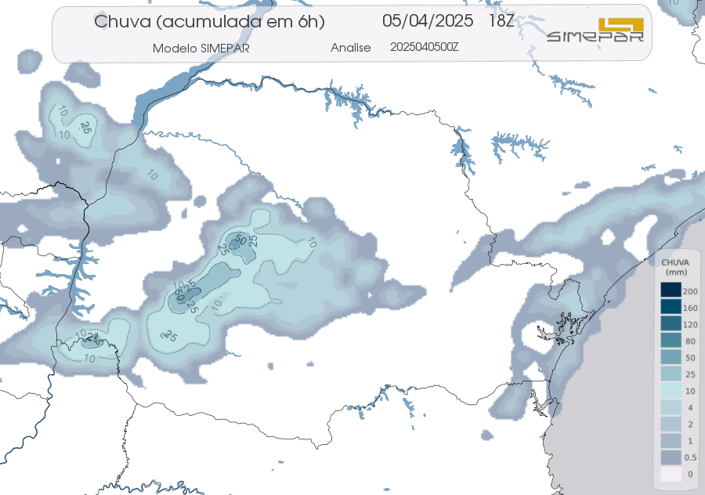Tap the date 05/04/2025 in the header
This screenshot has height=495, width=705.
428,20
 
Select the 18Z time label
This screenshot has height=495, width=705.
501,20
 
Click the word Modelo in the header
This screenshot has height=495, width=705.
174,48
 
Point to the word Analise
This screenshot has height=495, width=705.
350,48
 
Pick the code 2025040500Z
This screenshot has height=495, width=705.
424,47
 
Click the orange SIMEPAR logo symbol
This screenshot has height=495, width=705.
620,27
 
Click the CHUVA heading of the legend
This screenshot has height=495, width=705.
674,262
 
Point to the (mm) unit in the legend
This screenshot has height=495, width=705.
674,271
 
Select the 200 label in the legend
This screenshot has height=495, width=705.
690,291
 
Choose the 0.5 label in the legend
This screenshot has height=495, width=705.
690,457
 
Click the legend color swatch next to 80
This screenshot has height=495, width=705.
671,340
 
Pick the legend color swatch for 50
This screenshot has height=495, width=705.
671,357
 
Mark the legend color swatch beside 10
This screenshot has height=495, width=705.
671,390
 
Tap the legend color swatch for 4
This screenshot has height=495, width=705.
671,407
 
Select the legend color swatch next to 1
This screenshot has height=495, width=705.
671,440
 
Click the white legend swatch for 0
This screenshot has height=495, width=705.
671,474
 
